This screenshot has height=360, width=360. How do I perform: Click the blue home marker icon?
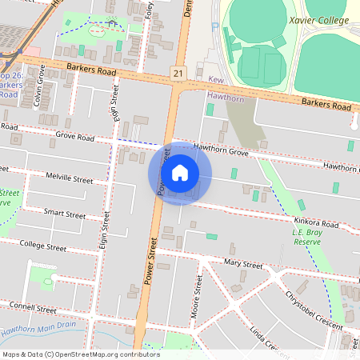coord(180,172)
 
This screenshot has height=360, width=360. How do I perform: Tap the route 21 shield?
coord(177,73)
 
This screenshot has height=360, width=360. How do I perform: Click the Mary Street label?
coord(243,263)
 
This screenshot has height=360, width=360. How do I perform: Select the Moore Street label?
coord(197,296)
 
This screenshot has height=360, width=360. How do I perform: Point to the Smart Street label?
coord(65,214)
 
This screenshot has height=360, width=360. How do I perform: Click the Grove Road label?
coord(75,137)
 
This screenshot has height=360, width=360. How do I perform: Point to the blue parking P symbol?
coord(213,26)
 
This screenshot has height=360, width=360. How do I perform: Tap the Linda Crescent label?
coord(266,338)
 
